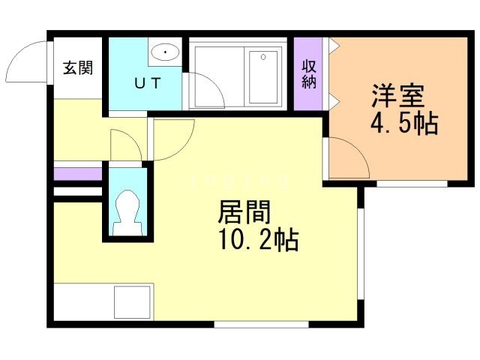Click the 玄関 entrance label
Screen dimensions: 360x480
78,68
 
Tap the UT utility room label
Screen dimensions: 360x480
146,83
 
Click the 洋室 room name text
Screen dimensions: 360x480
397,96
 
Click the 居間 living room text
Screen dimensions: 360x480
243,213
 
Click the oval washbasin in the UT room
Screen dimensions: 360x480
163,52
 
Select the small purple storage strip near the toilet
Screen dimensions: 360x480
77,174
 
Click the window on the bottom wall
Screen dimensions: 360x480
261,324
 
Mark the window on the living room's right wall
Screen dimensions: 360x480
360,252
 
